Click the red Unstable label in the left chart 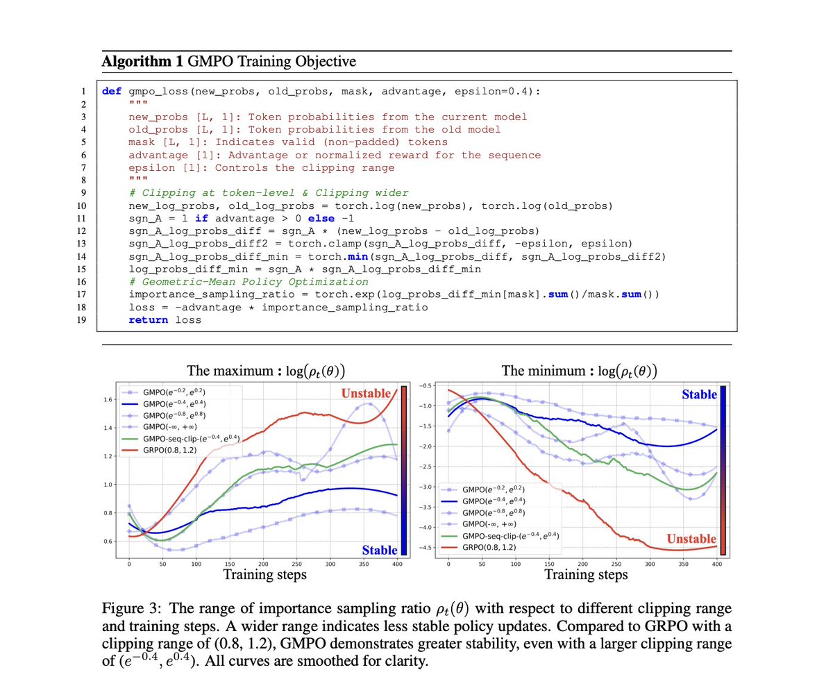[369, 394]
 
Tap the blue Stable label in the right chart [699, 394]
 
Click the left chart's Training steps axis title [264, 575]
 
